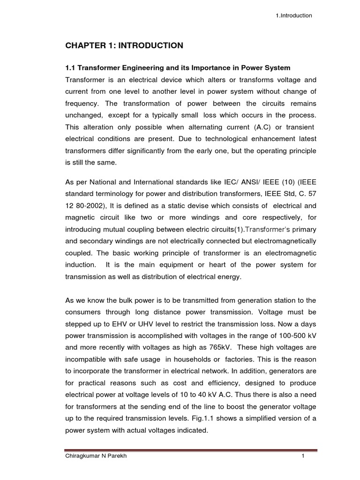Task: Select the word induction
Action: point(81,265)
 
